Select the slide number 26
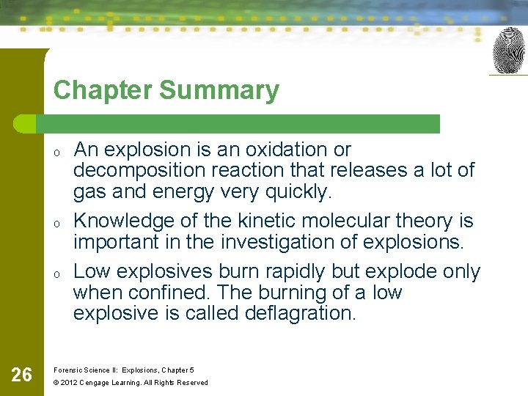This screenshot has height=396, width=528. coord(22,375)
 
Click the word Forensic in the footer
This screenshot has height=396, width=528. coord(69,370)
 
